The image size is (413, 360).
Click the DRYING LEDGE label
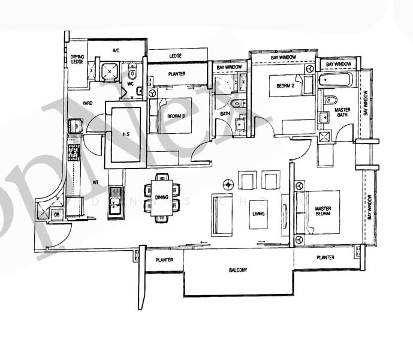tap(77, 60)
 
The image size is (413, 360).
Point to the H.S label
tap(126, 134)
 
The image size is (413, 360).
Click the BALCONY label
tap(238, 270)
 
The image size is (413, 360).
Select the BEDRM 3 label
tap(176, 116)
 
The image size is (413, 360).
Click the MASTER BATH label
tap(342, 113)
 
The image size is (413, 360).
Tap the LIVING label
tap(258, 214)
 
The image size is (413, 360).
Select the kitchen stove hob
tap(74, 152)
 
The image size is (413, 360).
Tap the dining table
tap(162, 197)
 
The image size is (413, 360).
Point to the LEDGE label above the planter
tap(175, 56)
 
